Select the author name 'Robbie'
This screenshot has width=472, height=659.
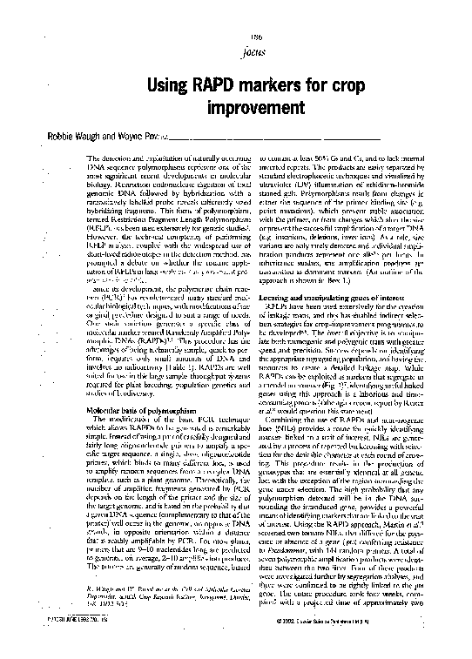(51, 138)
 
